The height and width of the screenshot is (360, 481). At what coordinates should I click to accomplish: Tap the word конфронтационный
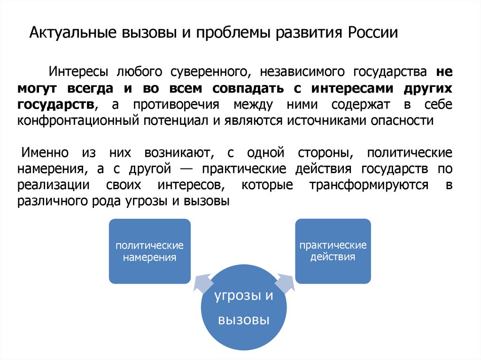coord(76,120)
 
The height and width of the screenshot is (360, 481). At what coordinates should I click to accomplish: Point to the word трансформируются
coord(368,185)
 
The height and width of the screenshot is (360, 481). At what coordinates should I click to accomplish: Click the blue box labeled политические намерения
coord(150,251)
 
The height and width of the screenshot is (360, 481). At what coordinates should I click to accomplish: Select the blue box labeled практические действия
coord(333,251)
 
